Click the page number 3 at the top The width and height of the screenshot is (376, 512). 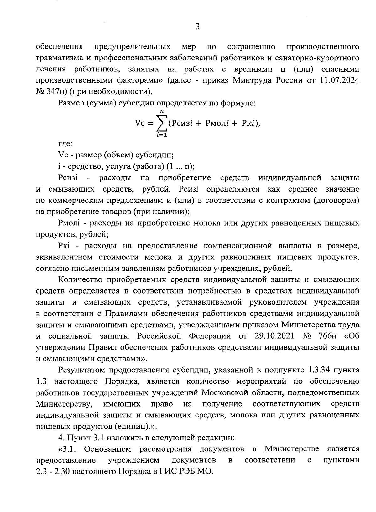click(x=197, y=27)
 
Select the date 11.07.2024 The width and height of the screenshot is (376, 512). click(x=339, y=80)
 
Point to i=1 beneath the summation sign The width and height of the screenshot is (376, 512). click(x=161, y=135)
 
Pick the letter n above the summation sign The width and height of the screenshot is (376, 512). click(x=161, y=111)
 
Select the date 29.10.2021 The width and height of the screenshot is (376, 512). click(x=273, y=336)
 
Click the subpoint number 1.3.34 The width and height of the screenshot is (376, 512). click(x=319, y=370)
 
